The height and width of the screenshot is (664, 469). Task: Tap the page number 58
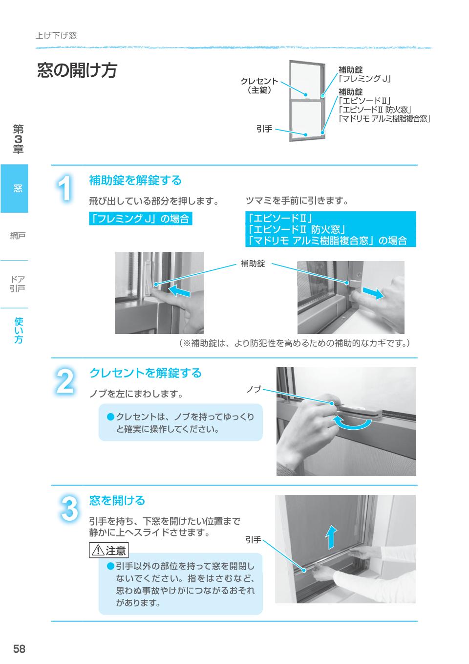point(19,649)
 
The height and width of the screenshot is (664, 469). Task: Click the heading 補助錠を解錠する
point(135,180)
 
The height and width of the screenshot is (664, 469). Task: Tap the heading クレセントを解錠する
point(145,373)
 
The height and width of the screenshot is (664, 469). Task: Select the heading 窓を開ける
point(117,501)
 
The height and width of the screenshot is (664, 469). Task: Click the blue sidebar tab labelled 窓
point(15,188)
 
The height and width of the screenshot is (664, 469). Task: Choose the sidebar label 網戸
point(18,236)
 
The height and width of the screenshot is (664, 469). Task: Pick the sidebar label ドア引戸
point(18,284)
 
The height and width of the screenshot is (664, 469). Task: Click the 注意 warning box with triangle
point(108,551)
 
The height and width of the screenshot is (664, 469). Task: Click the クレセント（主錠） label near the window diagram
point(259,86)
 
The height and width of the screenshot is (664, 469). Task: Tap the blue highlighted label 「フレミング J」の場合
point(140,219)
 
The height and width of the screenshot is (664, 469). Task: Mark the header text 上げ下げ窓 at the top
point(56,36)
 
